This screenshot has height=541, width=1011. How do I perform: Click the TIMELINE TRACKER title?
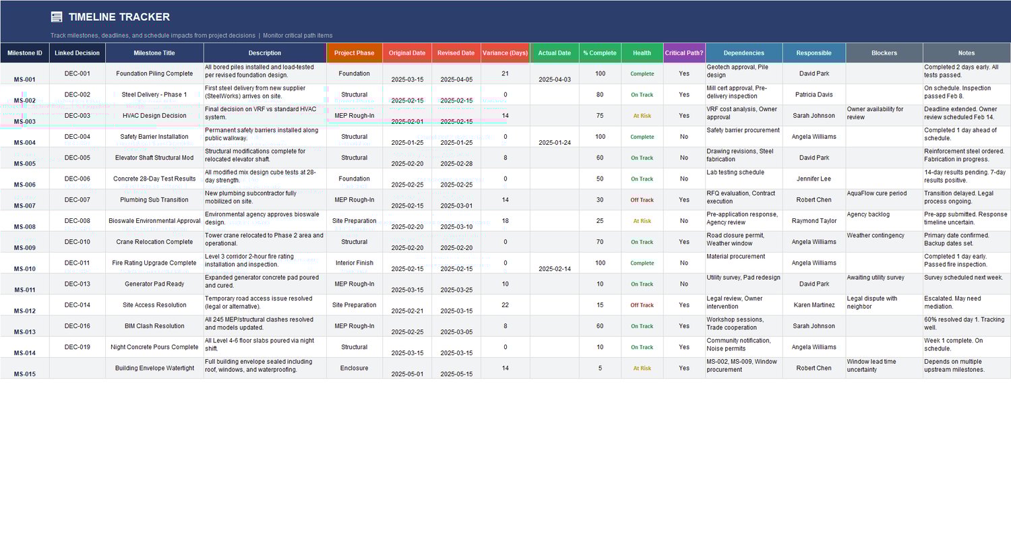click(119, 17)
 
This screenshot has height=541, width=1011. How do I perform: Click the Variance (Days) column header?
click(505, 53)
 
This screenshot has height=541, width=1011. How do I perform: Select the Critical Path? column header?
click(684, 53)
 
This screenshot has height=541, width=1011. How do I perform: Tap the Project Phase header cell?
click(354, 53)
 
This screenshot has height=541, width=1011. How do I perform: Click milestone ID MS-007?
click(24, 205)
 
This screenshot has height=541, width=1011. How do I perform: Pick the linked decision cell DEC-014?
click(77, 305)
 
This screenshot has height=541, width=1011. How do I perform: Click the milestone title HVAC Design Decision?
click(154, 116)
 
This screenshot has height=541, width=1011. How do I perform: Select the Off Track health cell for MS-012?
click(642, 305)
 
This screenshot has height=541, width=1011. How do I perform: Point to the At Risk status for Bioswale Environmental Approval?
click(642, 221)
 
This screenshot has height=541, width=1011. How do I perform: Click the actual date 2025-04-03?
click(555, 79)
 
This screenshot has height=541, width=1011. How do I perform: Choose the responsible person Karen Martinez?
click(814, 305)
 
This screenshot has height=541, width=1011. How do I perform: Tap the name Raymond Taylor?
click(814, 221)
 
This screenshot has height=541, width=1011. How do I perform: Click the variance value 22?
click(505, 305)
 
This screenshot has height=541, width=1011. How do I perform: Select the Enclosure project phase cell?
click(354, 369)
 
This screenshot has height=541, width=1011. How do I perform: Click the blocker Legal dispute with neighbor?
click(872, 303)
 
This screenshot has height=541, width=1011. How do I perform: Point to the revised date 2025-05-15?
click(456, 374)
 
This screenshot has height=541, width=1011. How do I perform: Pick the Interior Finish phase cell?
click(354, 263)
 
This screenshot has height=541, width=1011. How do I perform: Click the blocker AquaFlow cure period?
click(876, 193)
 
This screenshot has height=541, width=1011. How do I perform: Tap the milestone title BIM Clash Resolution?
click(154, 326)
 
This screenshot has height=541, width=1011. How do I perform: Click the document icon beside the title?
click(57, 17)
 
